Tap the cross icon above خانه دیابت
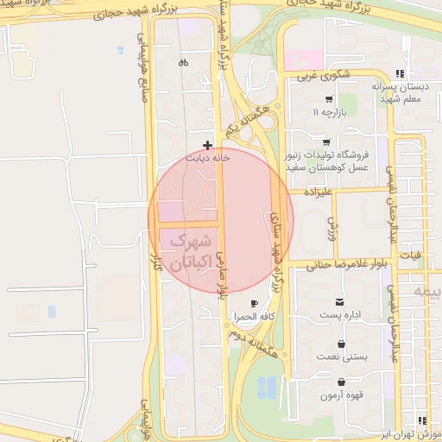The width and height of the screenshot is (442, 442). (x=207, y=145)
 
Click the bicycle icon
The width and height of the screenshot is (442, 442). (x=183, y=62)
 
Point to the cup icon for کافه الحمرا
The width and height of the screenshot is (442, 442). (x=254, y=303)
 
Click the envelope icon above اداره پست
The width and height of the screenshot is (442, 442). (x=342, y=302)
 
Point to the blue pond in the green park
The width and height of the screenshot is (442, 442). (x=268, y=388)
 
